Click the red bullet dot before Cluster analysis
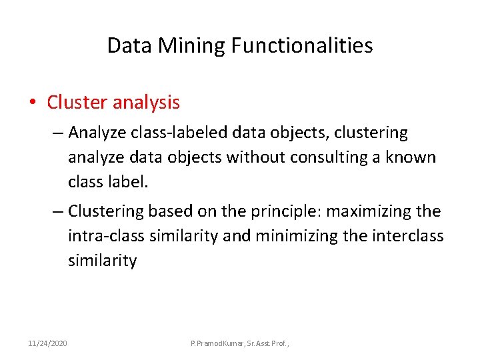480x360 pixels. pos(32,103)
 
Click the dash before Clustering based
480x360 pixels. pos(57,212)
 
